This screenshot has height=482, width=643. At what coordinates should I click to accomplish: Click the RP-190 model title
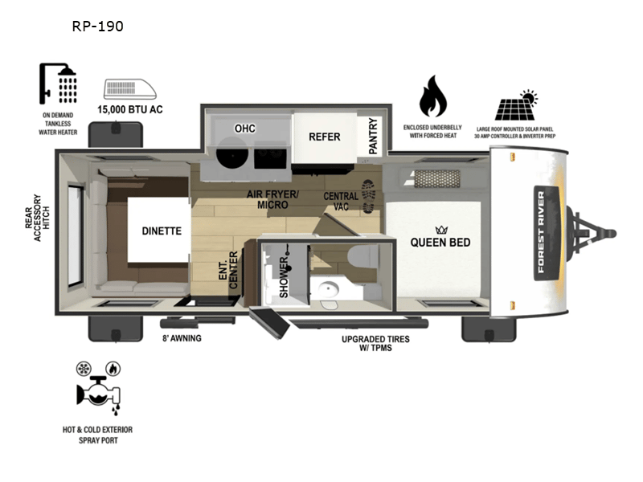[97, 27]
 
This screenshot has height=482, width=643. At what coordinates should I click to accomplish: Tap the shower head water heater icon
[59, 83]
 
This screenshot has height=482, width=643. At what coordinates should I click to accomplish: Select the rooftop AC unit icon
[129, 89]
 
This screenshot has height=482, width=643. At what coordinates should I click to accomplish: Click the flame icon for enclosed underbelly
[433, 97]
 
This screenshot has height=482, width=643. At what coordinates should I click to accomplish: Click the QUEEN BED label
[440, 243]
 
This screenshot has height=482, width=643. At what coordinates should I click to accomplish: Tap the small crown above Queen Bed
[440, 228]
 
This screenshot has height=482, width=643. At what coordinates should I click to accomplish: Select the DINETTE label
[162, 231]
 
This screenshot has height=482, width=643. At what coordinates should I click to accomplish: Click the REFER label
[325, 137]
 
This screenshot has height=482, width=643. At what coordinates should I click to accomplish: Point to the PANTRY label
[373, 136]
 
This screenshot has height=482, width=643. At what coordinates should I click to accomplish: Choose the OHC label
[244, 129]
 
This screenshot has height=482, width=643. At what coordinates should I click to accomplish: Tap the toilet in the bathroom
[364, 256]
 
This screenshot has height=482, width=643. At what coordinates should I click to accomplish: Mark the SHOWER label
[285, 277]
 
